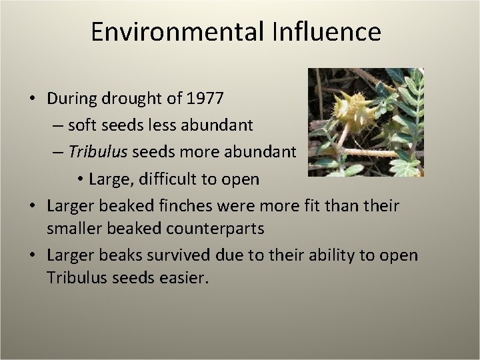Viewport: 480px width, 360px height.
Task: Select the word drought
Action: (139, 98)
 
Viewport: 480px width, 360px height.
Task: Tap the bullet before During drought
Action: (32, 99)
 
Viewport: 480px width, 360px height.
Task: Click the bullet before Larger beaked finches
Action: (32, 207)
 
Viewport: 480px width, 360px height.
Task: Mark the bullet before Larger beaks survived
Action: (32, 256)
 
